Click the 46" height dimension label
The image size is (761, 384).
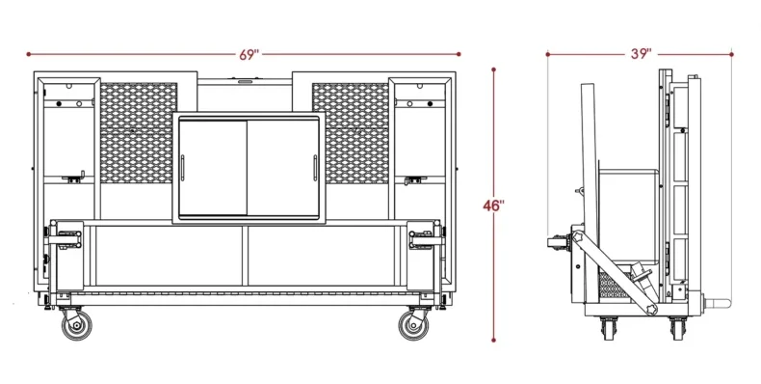pyautogui.click(x=493, y=206)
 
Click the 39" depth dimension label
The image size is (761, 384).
pyautogui.click(x=642, y=54)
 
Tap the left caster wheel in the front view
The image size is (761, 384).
pyautogui.click(x=77, y=325)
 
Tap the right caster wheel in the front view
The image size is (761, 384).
pyautogui.click(x=413, y=325)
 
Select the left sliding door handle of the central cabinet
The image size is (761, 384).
pyautogui.click(x=183, y=168)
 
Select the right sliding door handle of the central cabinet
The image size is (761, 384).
pyautogui.click(x=315, y=168)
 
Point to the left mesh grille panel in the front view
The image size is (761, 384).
pyautogui.click(x=139, y=133)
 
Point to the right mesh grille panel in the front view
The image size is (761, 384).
pyautogui.click(x=351, y=133)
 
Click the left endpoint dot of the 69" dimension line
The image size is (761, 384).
pyautogui.click(x=29, y=54)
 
